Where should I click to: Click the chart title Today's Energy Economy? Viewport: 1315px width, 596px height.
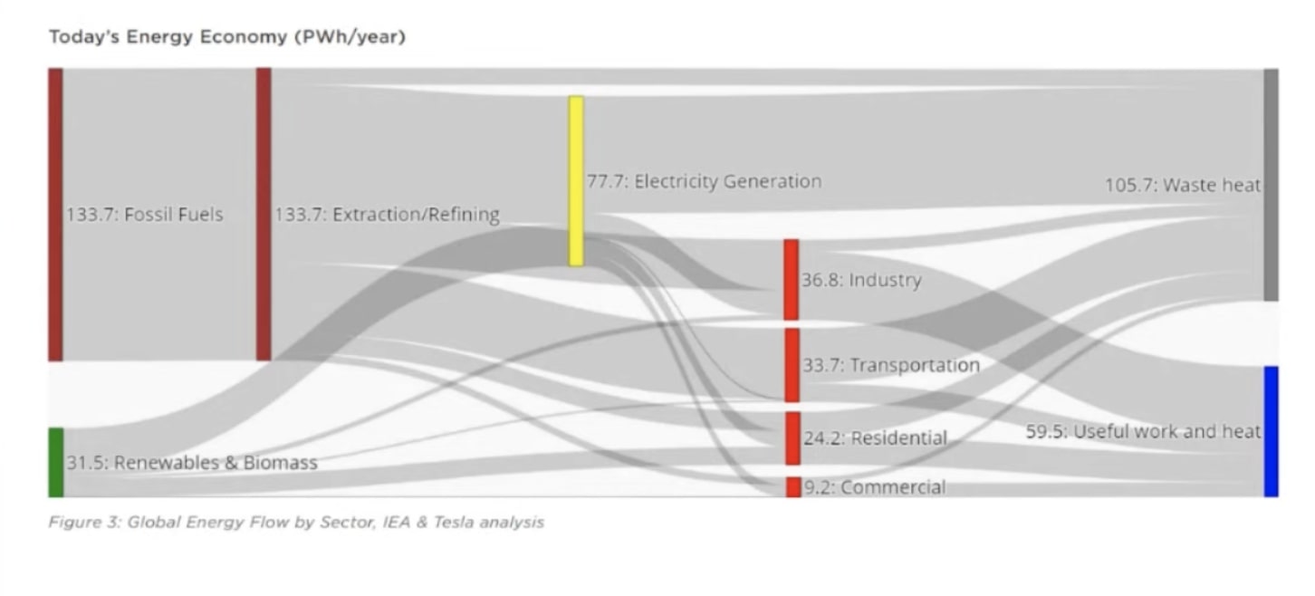pos(226,38)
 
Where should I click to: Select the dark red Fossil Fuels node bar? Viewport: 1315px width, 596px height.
pos(56,214)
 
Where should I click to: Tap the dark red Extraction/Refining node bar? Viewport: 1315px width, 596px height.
pos(264,214)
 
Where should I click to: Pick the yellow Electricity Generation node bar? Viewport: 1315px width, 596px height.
pos(576,181)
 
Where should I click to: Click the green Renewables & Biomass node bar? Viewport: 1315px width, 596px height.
pos(56,462)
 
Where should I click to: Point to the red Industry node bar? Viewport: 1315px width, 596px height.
pos(792,280)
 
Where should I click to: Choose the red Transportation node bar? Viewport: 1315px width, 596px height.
pos(792,365)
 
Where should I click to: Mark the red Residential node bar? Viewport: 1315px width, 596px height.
pos(792,438)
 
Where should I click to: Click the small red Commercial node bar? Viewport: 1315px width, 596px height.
pos(792,487)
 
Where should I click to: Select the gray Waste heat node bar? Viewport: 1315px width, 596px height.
pos(1271,185)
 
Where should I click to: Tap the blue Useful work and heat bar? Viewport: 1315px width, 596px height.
pos(1271,431)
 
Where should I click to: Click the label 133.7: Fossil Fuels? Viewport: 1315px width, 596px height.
pos(144,215)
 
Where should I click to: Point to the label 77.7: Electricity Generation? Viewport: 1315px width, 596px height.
pos(704,181)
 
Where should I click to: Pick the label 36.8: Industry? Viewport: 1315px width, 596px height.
pos(861,280)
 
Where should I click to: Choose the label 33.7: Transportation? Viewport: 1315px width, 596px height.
pos(890,365)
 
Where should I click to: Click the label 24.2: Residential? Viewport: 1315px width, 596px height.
pos(874,438)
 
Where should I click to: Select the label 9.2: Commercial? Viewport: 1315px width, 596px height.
pos(874,487)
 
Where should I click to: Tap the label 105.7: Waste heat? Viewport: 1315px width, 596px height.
pos(1182,186)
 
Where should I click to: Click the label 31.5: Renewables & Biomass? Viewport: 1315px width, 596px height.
pos(191,463)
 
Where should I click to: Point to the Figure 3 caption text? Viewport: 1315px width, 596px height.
pos(296,523)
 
